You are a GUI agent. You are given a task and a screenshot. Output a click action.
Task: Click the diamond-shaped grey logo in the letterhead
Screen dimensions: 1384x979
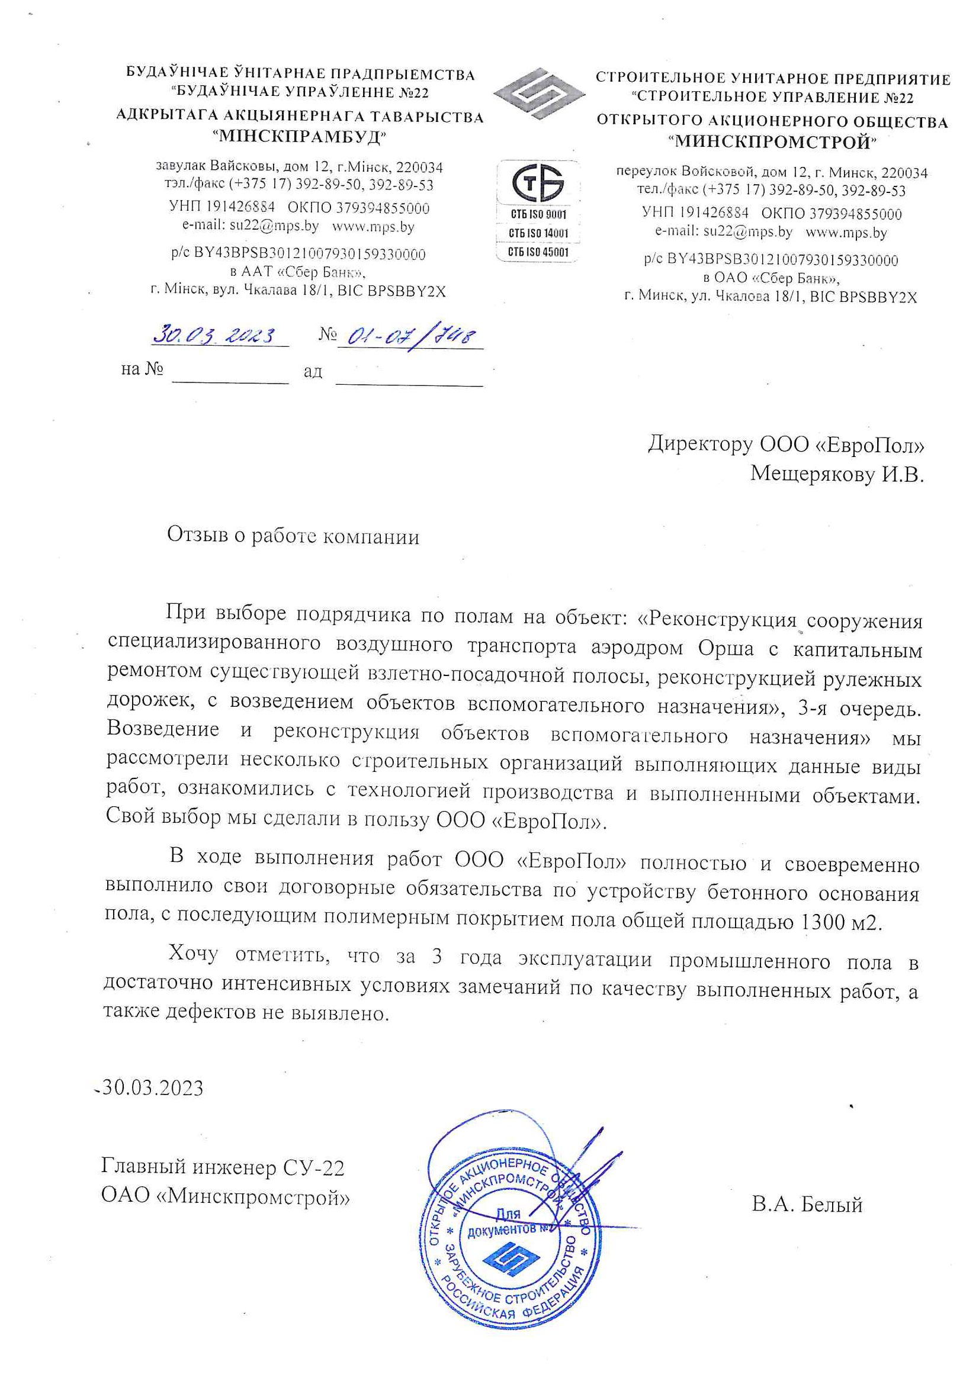coord(539,94)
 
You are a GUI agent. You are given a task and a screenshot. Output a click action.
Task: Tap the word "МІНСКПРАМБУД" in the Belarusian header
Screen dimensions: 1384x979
coord(299,136)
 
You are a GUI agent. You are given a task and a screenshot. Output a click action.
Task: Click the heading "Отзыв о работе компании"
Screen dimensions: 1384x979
coord(293,535)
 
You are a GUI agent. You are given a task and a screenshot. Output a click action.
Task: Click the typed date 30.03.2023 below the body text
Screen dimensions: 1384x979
coord(153,1088)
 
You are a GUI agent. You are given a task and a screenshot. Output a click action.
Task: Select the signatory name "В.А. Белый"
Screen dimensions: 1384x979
coord(807,1205)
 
